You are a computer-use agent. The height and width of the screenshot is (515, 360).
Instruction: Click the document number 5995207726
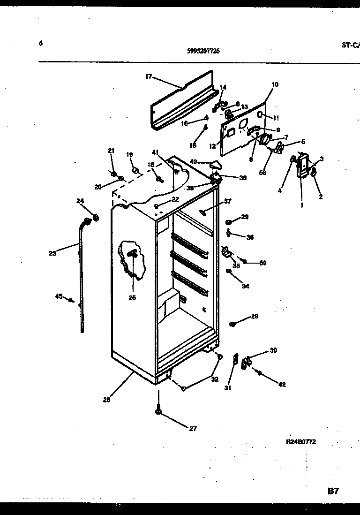[200, 52]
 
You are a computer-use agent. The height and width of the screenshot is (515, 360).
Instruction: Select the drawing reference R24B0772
[301, 441]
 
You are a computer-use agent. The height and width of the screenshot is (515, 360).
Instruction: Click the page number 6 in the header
[41, 43]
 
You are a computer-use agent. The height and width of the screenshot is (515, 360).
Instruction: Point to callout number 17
[149, 76]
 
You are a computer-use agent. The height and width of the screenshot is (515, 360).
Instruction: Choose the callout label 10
[275, 84]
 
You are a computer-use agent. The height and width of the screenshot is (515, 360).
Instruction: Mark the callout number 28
[107, 400]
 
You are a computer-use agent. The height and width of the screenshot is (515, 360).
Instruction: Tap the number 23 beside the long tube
[52, 253]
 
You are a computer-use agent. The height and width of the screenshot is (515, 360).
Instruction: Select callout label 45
[59, 295]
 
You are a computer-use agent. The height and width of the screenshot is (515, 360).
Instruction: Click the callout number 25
[132, 297]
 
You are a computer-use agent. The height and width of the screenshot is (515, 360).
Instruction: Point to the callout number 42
[282, 385]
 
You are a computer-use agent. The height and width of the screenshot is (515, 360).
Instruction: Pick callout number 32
[214, 379]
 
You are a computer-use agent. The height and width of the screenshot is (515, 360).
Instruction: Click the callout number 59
[263, 263]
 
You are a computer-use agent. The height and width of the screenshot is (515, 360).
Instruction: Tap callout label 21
[111, 151]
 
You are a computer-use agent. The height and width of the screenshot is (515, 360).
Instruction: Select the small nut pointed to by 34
[229, 271]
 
